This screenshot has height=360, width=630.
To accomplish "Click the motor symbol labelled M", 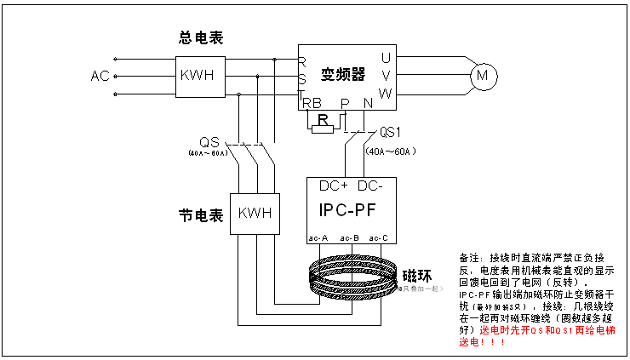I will pos(484,76).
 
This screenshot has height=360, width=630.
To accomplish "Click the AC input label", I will pos(100,76).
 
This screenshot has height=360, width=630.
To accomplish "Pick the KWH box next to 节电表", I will pos(255,213).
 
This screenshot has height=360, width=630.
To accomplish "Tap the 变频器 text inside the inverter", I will pos(342,74).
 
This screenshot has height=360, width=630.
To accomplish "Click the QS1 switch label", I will pos(392,132).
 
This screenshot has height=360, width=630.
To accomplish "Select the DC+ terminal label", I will pos(334,186).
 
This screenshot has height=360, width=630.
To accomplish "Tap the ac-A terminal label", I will pos(318,237).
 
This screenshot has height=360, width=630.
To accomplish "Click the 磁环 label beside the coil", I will pos(417,275).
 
